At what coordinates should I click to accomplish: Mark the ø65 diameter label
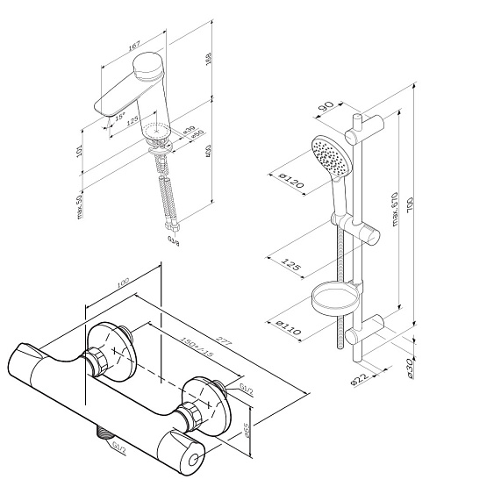tap(248, 430)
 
